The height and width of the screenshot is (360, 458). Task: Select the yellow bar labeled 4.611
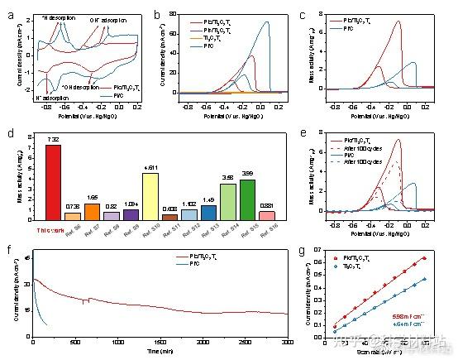[150, 196]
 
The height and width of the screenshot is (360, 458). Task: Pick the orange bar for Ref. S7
[92, 211]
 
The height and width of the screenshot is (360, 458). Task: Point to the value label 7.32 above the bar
[53, 139]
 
